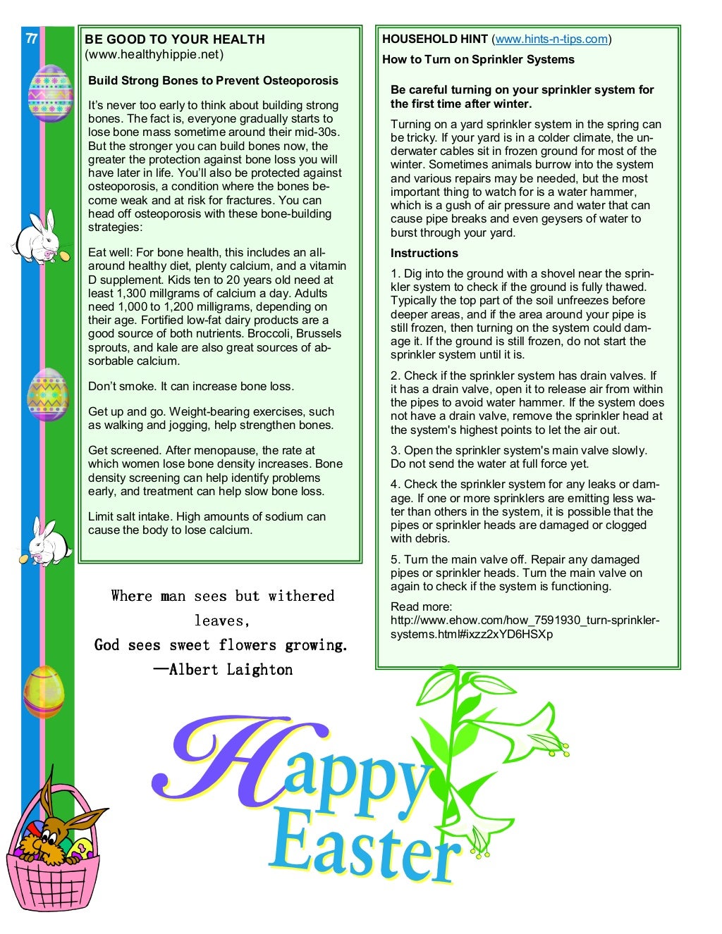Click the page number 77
(31, 39)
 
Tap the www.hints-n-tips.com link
(551, 39)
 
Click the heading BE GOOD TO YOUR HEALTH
(175, 39)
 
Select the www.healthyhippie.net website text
(154, 54)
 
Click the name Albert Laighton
(231, 669)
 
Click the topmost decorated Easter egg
(50, 94)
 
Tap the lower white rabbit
(48, 542)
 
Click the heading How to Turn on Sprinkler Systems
(478, 60)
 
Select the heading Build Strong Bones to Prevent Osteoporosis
(213, 81)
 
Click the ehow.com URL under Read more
(525, 628)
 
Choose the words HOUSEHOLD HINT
(435, 39)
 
